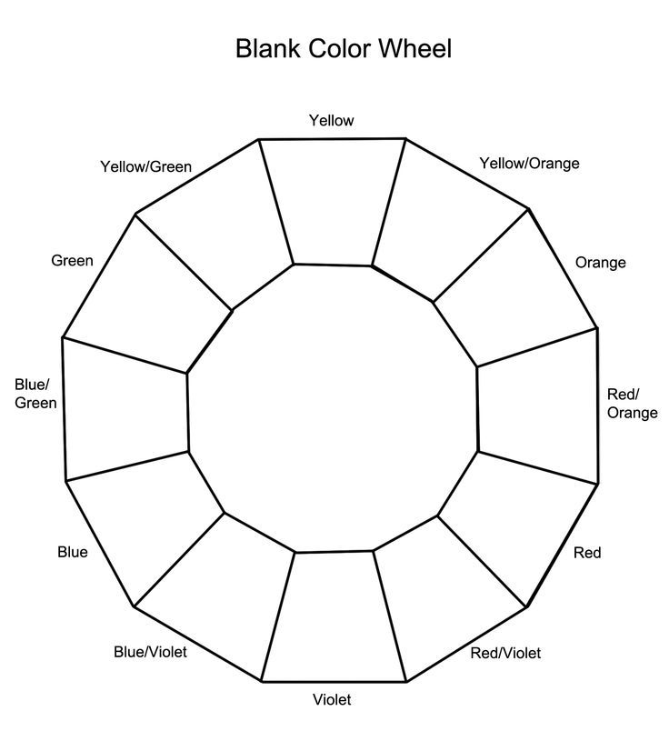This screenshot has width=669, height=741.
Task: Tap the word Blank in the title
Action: point(267,49)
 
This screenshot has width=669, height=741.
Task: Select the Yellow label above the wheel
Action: point(331,121)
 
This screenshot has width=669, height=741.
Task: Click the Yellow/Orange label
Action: point(529,164)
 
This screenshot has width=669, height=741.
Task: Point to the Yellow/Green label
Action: point(146,166)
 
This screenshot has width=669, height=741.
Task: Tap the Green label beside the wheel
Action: point(73,260)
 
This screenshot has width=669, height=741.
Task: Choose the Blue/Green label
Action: point(35,394)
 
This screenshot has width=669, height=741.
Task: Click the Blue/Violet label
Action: point(150,652)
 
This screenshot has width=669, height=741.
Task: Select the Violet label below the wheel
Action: point(332,699)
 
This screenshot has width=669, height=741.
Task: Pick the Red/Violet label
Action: point(505,653)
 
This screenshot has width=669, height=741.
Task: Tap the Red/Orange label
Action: point(632,403)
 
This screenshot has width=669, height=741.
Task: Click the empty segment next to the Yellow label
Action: point(333,202)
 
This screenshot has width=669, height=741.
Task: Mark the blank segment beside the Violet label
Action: point(334,616)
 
